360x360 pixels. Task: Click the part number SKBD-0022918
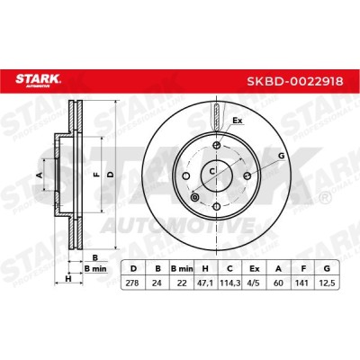[295, 81]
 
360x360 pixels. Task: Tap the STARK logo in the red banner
[38, 80]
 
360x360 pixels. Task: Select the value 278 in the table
[132, 283]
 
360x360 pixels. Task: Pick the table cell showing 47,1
[206, 283]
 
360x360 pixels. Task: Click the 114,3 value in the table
[230, 283]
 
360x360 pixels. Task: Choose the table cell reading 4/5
[254, 283]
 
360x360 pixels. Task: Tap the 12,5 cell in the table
[327, 283]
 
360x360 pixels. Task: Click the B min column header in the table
[182, 268]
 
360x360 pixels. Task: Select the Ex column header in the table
[254, 268]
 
